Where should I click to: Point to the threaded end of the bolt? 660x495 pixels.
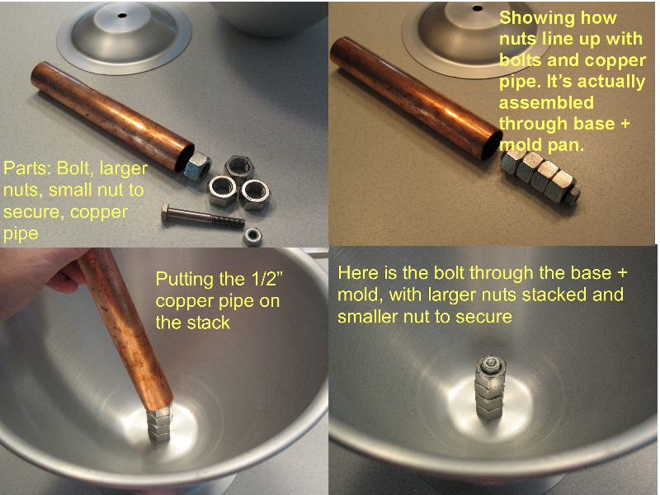point(228,220)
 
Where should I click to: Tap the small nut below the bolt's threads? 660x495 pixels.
point(252,237)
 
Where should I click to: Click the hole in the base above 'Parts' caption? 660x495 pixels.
point(122,16)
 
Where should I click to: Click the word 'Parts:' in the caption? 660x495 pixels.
point(27,168)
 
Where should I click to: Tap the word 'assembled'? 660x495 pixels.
point(546,102)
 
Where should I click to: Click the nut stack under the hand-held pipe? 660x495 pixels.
point(159,422)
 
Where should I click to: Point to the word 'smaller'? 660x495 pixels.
point(368,317)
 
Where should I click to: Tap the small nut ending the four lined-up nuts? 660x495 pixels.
point(573,196)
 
